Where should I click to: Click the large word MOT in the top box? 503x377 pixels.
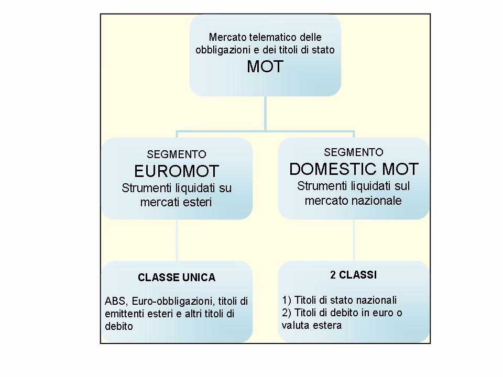point(265,66)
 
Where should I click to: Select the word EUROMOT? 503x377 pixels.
point(176,171)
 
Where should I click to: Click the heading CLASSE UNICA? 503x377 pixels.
point(177,278)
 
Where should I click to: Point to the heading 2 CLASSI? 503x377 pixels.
point(354,274)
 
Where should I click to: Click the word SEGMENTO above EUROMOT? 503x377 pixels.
point(177,155)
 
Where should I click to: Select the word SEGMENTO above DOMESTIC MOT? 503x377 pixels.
point(354,152)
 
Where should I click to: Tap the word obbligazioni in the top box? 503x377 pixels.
point(223,50)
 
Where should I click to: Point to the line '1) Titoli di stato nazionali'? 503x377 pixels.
point(339,301)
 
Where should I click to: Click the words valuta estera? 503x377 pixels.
point(312,325)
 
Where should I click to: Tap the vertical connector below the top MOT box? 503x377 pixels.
point(265,113)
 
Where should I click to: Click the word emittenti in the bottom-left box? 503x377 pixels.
point(124,314)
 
